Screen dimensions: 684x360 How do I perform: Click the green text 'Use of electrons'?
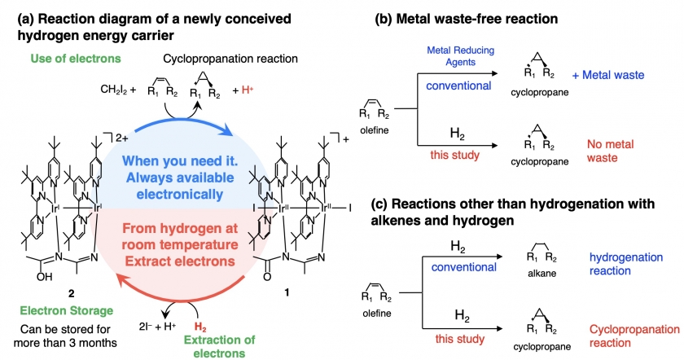pyautogui.click(x=76, y=59)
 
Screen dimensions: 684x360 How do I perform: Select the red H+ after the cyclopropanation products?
pyautogui.click(x=248, y=90)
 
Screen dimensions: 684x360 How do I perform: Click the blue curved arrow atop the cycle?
pyautogui.click(x=183, y=122)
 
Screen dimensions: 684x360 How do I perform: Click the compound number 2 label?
pyautogui.click(x=71, y=294)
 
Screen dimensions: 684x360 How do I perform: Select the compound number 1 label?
pyautogui.click(x=287, y=292)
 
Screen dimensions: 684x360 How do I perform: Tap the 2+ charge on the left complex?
pyautogui.click(x=121, y=138)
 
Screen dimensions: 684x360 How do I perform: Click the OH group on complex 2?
pyautogui.click(x=45, y=277)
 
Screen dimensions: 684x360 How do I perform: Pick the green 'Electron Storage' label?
pyautogui.click(x=67, y=310)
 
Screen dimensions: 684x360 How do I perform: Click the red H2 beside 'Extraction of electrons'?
pyautogui.click(x=200, y=327)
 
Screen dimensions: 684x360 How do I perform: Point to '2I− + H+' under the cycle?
pyautogui.click(x=157, y=326)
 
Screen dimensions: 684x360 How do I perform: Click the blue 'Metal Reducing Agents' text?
pyautogui.click(x=461, y=56)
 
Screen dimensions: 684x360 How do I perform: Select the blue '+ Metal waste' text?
pyautogui.click(x=608, y=75)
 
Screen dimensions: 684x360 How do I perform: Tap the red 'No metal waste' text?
pyautogui.click(x=610, y=151)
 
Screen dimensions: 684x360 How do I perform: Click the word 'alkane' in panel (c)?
pyautogui.click(x=541, y=274)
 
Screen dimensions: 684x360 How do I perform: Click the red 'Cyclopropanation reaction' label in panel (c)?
pyautogui.click(x=634, y=336)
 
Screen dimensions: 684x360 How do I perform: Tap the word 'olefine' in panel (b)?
pyautogui.click(x=375, y=130)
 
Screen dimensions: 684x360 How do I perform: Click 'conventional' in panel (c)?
pyautogui.click(x=463, y=267)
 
